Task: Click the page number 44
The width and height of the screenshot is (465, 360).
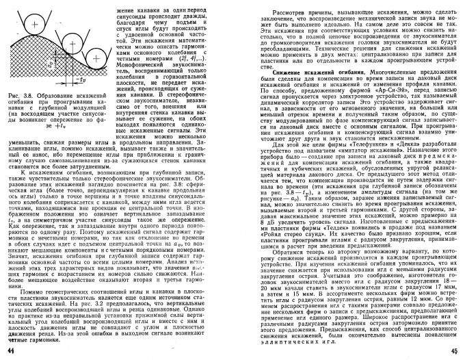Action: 10,351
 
